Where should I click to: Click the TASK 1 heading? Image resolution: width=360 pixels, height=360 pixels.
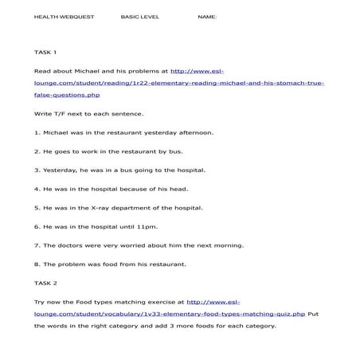pyautogui.click(x=45, y=52)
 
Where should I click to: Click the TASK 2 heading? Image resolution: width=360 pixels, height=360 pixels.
pyautogui.click(x=45, y=283)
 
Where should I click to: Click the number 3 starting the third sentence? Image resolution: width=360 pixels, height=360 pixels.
pyautogui.click(x=37, y=170)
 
